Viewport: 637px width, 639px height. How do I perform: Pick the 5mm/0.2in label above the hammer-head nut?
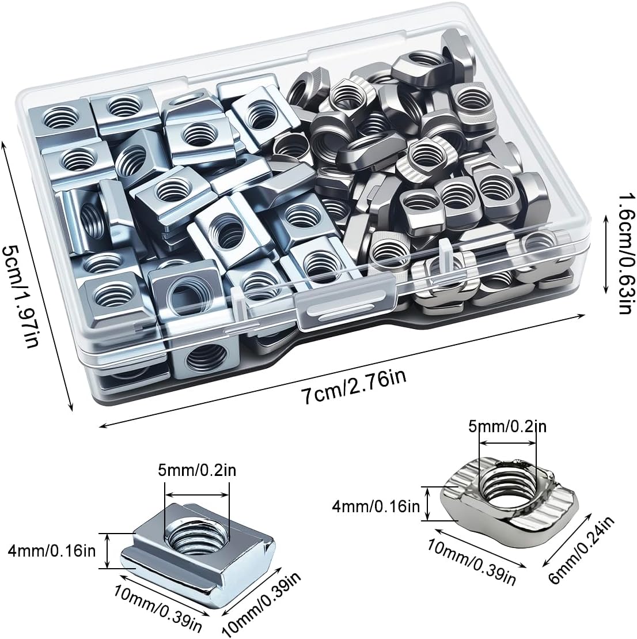[507, 426]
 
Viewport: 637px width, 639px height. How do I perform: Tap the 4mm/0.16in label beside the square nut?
[51, 551]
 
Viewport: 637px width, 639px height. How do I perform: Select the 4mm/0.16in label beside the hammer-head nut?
[376, 506]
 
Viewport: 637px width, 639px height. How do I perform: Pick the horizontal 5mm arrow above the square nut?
[197, 495]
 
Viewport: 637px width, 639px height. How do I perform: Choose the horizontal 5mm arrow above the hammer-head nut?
[507, 444]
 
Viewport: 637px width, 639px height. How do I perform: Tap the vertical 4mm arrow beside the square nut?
[108, 551]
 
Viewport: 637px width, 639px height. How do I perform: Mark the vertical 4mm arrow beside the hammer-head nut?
[428, 504]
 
